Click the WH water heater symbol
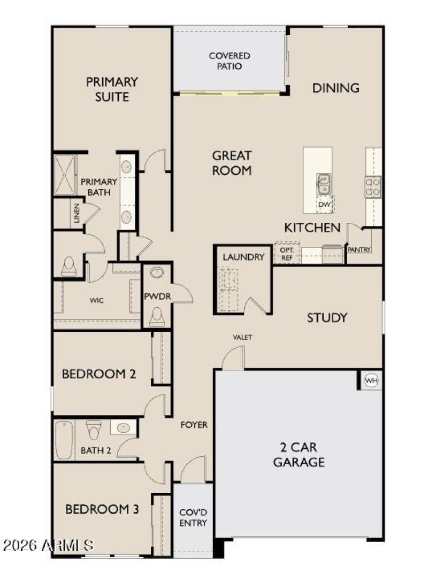pyautogui.click(x=371, y=380)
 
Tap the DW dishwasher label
pyautogui.click(x=324, y=204)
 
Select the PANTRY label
pyautogui.click(x=359, y=249)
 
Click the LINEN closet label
pyautogui.click(x=77, y=214)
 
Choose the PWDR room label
pyautogui.click(x=157, y=296)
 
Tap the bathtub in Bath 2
pyautogui.click(x=64, y=440)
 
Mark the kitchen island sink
pyautogui.click(x=323, y=184)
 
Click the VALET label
pyautogui.click(x=242, y=337)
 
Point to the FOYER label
pyautogui.click(x=194, y=425)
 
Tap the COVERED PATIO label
pyautogui.click(x=230, y=61)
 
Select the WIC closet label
pyautogui.click(x=96, y=300)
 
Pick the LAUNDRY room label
pyautogui.click(x=243, y=257)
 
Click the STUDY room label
pyautogui.click(x=327, y=318)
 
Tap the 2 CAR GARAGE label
pyautogui.click(x=299, y=455)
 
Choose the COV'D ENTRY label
pyautogui.click(x=193, y=517)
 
